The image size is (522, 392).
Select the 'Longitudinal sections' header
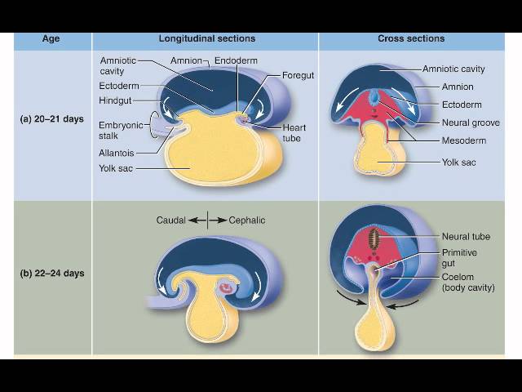(206, 38)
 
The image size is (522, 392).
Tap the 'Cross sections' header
(411, 38)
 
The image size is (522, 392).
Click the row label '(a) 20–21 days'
(52, 119)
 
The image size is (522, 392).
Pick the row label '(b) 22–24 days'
(52, 273)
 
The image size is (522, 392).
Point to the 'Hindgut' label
(116, 100)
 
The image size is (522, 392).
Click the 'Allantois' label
(116, 152)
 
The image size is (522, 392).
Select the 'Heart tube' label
(294, 132)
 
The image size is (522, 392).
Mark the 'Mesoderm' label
(465, 140)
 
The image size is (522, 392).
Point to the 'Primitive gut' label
(459, 258)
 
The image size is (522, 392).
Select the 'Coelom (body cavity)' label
(468, 282)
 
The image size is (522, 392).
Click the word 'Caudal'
(172, 220)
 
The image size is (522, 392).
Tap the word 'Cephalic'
(247, 220)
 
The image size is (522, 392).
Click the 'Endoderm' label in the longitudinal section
(239, 61)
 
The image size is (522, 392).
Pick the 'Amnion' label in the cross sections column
(458, 87)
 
